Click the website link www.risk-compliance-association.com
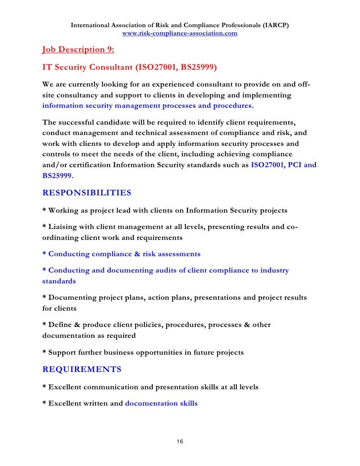[x=180, y=34]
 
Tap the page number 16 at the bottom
[x=180, y=441]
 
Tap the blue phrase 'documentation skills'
[x=161, y=403]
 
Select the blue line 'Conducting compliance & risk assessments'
[x=121, y=254]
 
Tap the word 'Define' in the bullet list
[x=61, y=325]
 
